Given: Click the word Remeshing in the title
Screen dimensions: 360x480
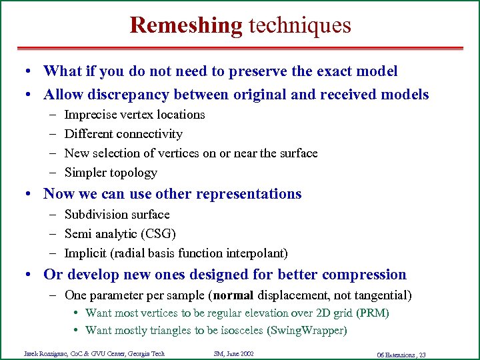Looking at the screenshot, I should coord(186,25).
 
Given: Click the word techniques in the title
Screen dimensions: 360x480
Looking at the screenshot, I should coord(299,25).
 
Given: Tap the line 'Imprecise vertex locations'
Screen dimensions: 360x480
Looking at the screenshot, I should coord(135,115).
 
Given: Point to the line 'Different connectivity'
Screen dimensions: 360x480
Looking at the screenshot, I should coord(123,134).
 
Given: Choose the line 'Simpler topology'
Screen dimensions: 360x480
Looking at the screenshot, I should coord(111,173).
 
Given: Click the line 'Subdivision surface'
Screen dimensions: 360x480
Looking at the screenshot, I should coord(117,215).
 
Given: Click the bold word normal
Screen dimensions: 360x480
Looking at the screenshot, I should coord(233,295).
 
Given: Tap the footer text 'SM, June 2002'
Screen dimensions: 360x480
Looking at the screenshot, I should coord(233,353).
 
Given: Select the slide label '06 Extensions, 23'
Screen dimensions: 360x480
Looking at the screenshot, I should coord(401,355).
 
